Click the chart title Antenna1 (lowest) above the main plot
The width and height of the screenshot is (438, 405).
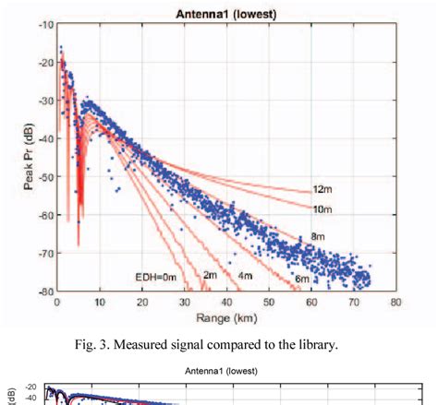226,13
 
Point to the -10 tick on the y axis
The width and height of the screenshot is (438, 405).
43,24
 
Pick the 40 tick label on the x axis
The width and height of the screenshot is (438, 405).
225,302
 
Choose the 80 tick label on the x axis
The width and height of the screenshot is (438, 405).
395,302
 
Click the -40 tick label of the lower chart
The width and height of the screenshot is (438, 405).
31,400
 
